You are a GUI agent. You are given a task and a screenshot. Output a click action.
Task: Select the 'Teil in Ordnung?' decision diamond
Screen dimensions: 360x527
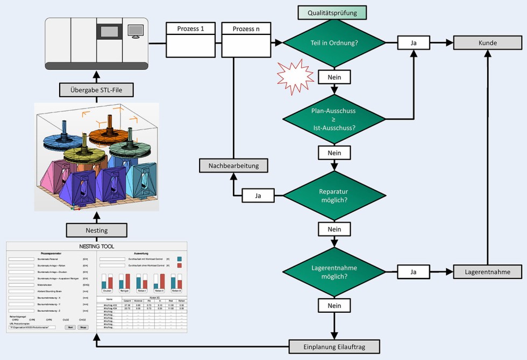click(334, 43)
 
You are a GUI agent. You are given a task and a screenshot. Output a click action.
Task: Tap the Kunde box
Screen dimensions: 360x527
click(487, 42)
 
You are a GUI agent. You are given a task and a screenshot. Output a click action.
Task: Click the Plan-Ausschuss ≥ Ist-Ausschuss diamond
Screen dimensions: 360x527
click(334, 119)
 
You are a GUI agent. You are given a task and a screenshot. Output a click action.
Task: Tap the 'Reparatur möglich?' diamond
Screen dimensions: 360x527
click(334, 196)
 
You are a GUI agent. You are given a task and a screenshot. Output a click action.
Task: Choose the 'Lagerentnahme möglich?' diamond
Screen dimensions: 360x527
click(334, 272)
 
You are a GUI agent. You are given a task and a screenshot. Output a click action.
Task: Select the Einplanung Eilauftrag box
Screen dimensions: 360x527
click(334, 347)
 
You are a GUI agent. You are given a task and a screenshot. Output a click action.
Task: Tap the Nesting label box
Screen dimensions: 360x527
click(97, 231)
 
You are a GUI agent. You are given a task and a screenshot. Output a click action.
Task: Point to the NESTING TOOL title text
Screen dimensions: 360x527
click(97, 247)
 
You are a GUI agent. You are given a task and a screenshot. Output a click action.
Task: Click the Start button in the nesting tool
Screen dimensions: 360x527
click(70, 327)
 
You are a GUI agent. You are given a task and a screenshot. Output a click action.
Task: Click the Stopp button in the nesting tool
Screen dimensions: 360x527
click(83, 327)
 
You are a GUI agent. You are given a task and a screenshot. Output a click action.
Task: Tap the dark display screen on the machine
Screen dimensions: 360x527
click(110, 32)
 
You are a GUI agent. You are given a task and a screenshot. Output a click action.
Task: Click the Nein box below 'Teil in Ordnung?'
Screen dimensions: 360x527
click(334, 77)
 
